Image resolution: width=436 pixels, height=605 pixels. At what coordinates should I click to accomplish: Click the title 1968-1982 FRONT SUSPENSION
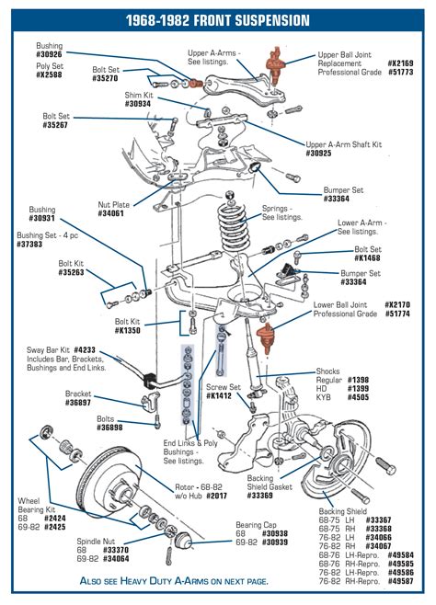click(217, 19)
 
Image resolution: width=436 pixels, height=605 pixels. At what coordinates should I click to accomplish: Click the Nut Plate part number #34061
click(115, 213)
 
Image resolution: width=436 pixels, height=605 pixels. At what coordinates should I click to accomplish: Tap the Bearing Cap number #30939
click(276, 542)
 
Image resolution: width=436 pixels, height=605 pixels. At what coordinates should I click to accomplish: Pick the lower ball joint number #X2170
click(398, 303)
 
